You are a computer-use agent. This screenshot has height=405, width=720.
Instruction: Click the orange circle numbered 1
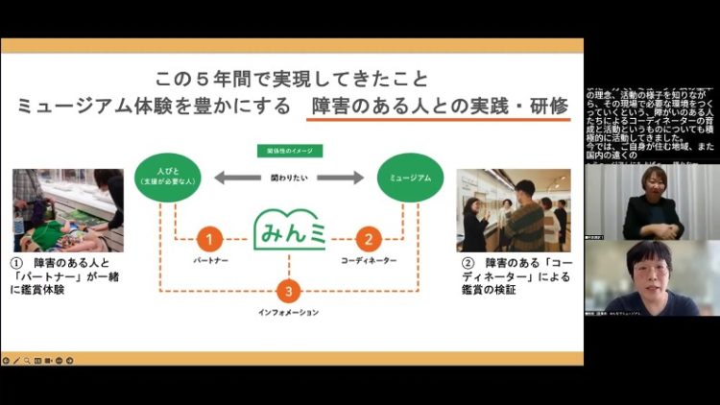(x=209, y=240)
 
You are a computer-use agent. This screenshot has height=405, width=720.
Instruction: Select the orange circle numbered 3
(x=288, y=291)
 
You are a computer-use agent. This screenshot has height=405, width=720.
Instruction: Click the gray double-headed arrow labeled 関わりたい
(x=288, y=178)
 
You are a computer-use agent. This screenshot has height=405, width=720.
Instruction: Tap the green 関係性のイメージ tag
(x=288, y=151)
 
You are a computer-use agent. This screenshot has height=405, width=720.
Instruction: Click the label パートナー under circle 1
(x=209, y=261)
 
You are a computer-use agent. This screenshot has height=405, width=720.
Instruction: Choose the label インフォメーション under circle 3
(x=288, y=312)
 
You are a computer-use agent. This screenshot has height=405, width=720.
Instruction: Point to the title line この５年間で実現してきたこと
(x=292, y=78)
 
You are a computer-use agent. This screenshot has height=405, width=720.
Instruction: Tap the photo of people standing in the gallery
(x=512, y=210)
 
